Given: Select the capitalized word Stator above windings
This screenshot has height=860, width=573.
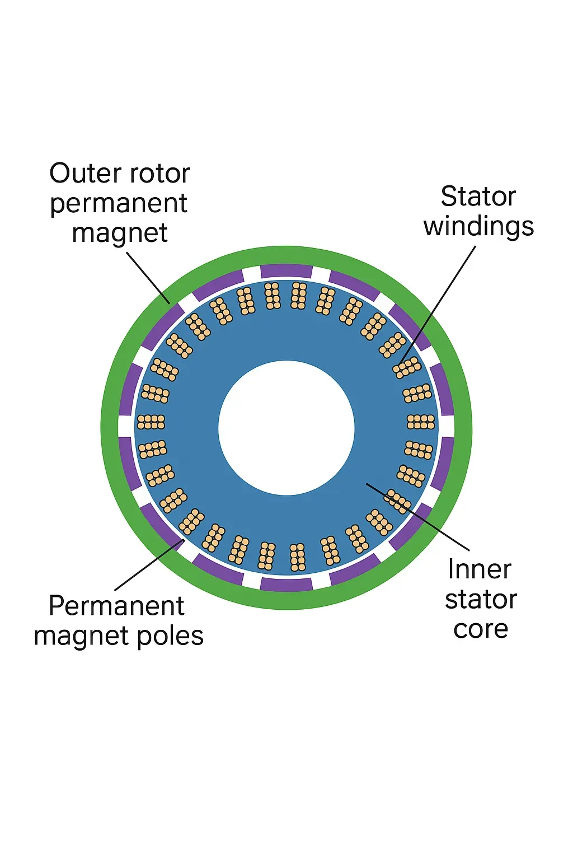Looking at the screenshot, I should (478, 197).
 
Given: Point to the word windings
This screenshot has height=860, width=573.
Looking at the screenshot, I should (478, 227).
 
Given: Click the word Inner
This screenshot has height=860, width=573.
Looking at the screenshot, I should (480, 570).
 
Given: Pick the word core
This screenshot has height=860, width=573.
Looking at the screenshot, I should (481, 629).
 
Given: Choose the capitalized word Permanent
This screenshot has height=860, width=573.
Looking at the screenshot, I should (116, 606).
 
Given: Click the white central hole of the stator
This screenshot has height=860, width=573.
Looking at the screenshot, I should (286, 428).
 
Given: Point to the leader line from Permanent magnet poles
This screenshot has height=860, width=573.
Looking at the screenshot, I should (148, 565).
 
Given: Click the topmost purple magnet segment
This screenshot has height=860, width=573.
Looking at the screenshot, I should (286, 271).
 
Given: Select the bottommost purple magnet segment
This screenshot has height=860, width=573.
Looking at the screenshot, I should (286, 585).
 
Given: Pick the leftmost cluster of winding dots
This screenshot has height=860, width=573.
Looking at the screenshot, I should (151, 422).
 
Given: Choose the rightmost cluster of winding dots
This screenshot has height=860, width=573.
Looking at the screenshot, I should (421, 422).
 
